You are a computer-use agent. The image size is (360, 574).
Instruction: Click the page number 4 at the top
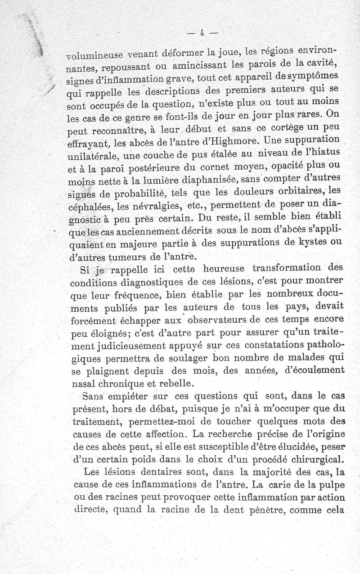pyautogui.click(x=202, y=32)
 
